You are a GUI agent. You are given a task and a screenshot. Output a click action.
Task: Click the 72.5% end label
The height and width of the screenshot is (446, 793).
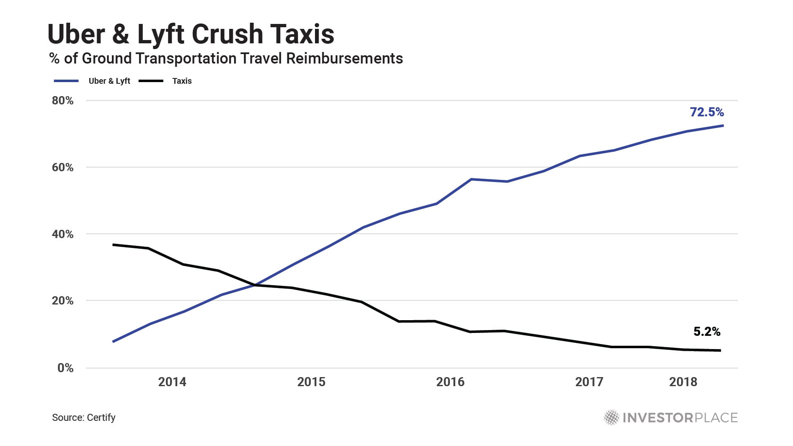(x=707, y=112)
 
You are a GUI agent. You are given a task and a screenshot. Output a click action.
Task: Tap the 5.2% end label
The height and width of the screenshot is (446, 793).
(x=707, y=331)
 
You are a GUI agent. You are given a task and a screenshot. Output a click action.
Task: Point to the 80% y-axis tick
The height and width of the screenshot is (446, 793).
(x=63, y=101)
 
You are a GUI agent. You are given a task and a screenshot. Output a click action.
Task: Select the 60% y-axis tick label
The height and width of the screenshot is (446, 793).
(x=63, y=168)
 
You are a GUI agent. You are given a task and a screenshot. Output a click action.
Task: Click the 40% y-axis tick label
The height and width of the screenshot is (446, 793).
(x=63, y=234)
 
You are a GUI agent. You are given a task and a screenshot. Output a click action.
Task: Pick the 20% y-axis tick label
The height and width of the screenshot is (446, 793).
(x=63, y=301)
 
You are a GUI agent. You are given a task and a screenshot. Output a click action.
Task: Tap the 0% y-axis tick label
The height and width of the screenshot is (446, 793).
(x=66, y=368)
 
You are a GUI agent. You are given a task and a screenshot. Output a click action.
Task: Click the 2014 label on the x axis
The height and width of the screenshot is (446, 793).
(x=172, y=382)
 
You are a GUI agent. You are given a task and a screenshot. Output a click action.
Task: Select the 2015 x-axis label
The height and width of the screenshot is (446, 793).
(x=311, y=382)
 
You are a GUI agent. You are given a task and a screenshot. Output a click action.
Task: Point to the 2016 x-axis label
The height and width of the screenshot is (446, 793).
(x=450, y=382)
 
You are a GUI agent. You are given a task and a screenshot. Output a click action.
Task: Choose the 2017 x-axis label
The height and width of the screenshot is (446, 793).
(x=589, y=382)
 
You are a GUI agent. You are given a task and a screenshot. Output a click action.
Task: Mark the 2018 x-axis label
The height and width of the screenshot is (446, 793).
(x=683, y=382)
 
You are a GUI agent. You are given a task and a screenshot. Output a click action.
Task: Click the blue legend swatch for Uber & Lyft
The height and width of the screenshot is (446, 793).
(x=66, y=81)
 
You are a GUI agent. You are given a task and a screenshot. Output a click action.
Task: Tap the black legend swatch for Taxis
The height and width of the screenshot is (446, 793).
(x=151, y=81)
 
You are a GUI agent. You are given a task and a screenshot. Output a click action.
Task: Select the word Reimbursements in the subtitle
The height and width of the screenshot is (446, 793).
(x=344, y=59)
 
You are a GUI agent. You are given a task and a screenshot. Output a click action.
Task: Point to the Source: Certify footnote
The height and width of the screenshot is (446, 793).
(x=84, y=418)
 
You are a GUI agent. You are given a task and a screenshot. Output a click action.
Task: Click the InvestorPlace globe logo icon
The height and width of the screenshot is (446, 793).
(x=611, y=418)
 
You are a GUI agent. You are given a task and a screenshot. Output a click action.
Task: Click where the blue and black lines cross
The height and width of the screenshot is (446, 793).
(x=255, y=285)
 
